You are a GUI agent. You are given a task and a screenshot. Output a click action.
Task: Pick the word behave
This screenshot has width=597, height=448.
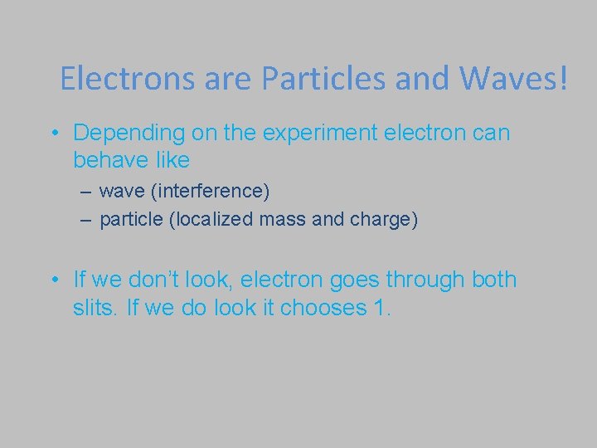(x=107, y=158)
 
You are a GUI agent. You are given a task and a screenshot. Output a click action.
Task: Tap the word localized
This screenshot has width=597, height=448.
(x=210, y=220)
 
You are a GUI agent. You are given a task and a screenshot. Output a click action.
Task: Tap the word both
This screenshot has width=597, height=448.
(x=494, y=280)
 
